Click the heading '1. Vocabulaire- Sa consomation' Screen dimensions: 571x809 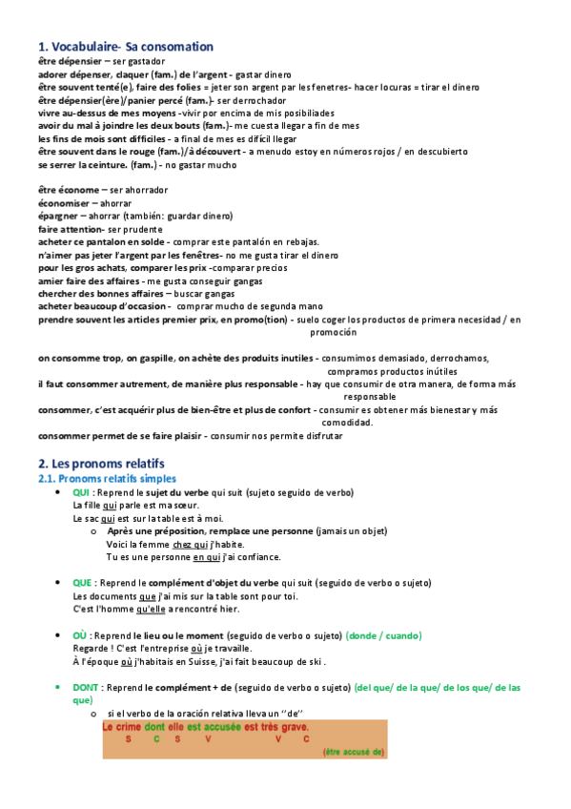(x=125, y=46)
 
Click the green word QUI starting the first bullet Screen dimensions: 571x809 (x=81, y=492)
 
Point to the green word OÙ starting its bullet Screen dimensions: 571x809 (x=80, y=635)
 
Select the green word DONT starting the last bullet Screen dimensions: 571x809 (x=87, y=687)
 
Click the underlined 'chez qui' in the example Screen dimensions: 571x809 (x=175, y=544)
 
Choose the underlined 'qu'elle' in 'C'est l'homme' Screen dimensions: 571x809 (x=152, y=609)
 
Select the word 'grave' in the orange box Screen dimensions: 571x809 (x=296, y=726)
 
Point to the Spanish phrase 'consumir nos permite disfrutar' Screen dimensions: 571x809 (x=284, y=436)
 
